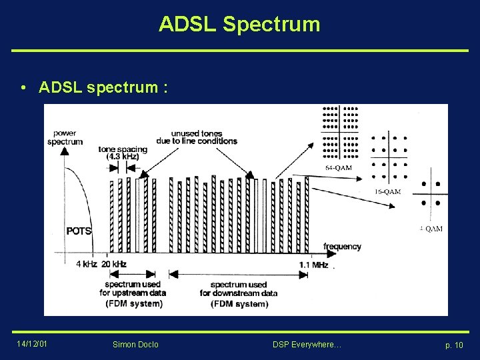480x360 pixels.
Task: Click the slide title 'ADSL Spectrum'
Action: [239, 25]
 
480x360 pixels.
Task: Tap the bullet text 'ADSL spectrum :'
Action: [103, 87]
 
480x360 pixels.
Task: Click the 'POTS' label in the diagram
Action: [79, 231]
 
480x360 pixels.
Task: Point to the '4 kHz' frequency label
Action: [86, 264]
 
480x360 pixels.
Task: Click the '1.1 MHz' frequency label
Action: [314, 265]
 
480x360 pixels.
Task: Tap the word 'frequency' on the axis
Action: [342, 247]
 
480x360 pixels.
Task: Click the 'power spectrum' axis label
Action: [65, 137]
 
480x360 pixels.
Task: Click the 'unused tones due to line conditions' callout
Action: [196, 137]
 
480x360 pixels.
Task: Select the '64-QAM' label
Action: [339, 168]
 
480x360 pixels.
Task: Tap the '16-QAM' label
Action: [387, 191]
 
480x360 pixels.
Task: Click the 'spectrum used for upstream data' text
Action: [133, 289]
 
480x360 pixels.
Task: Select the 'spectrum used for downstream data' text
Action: [239, 289]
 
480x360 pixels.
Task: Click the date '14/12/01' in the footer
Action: [33, 343]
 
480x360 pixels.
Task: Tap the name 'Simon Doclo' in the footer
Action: [136, 344]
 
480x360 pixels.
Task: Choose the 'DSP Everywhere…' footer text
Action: [307, 344]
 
